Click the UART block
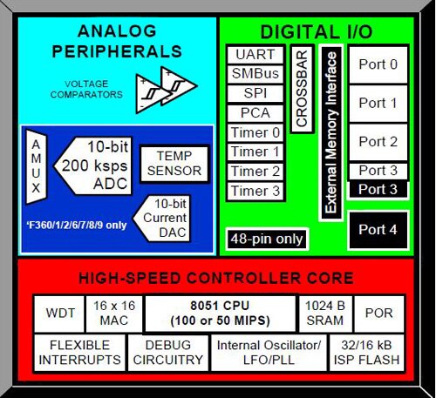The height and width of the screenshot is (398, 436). click(x=255, y=55)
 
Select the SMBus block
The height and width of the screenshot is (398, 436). click(x=255, y=74)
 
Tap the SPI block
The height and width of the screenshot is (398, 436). click(x=255, y=93)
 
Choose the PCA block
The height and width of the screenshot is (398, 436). click(x=255, y=112)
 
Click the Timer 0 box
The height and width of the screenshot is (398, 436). click(x=255, y=132)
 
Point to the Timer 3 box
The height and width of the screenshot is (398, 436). click(x=255, y=190)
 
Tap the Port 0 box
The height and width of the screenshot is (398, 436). click(x=378, y=64)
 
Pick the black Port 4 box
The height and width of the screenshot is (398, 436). click(x=378, y=230)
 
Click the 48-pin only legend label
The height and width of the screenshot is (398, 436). click(x=267, y=238)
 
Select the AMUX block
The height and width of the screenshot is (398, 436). click(x=36, y=161)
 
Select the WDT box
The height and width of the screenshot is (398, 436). click(x=55, y=311)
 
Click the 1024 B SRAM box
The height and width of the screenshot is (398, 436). click(x=324, y=311)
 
